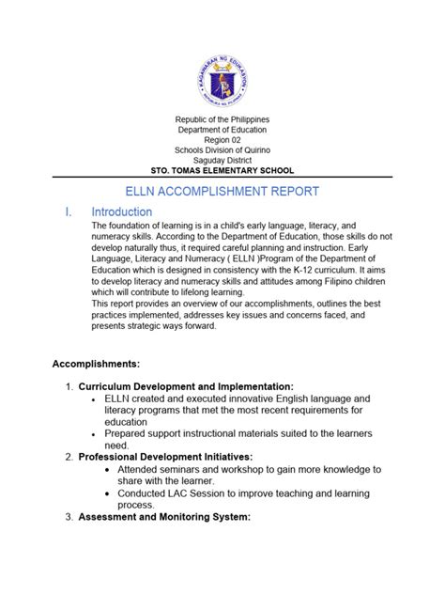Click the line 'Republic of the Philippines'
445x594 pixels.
tap(222, 121)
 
